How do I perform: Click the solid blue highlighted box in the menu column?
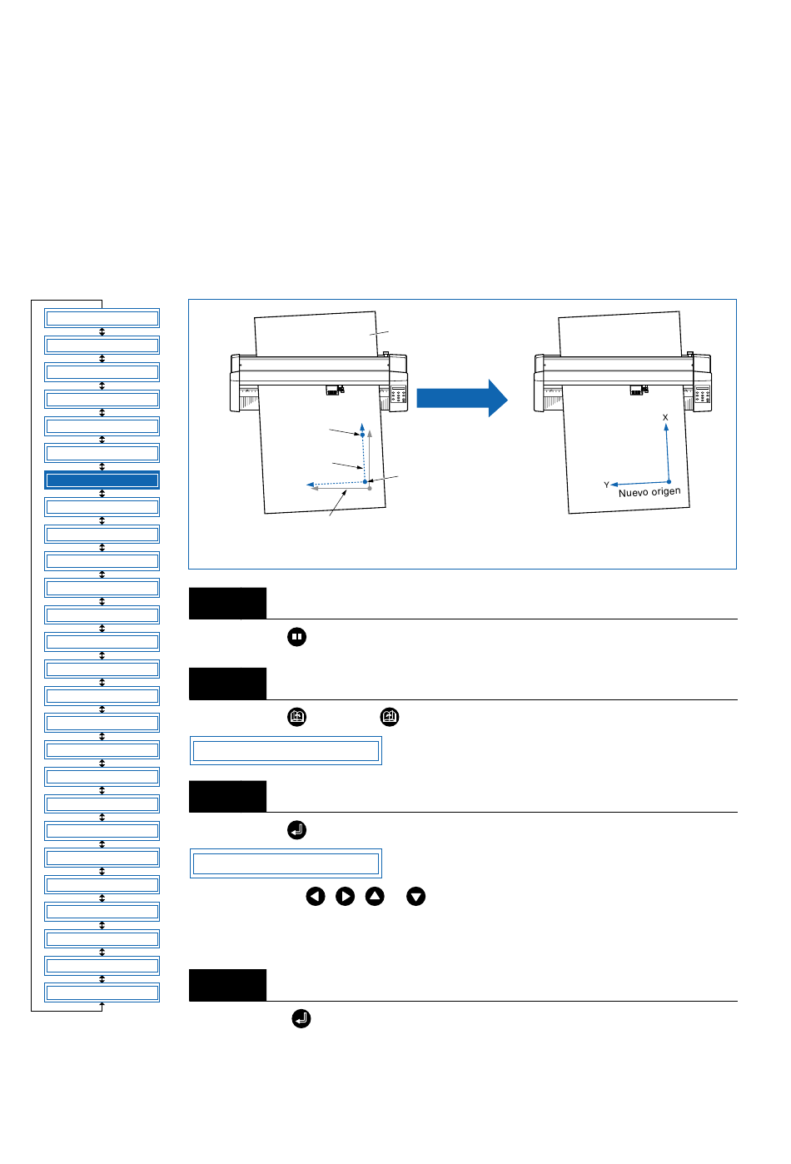[102, 480]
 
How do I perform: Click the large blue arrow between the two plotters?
[462, 398]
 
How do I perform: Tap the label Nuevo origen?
[649, 492]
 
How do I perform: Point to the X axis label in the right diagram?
[665, 417]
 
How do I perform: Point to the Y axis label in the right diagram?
[606, 485]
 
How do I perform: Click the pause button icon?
[296, 637]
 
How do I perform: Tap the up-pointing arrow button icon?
[375, 897]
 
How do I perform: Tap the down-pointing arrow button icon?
[415, 897]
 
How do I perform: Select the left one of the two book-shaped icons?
[296, 717]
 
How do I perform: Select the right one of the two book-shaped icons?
[390, 717]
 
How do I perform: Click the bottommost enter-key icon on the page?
[301, 1018]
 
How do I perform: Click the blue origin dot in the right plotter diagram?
[669, 482]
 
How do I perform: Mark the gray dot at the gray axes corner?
[370, 488]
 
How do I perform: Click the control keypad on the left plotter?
[399, 395]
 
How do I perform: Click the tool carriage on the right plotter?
[639, 390]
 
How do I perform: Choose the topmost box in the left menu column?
[102, 318]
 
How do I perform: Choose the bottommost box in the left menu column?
[102, 992]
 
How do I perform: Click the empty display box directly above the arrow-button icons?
[286, 863]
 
